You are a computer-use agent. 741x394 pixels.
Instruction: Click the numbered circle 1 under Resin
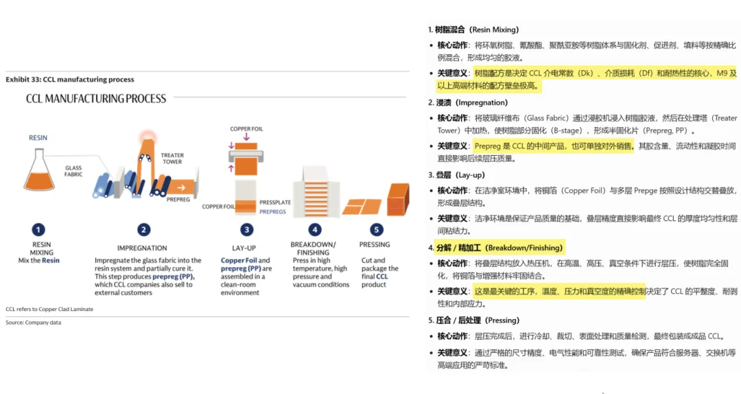click(39, 230)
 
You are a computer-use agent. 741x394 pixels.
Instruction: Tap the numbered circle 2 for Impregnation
click(143, 230)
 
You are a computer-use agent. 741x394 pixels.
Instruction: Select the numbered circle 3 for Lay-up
click(246, 230)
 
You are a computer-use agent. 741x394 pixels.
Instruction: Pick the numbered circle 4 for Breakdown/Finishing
click(315, 230)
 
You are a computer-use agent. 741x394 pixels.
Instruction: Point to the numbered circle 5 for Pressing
click(376, 230)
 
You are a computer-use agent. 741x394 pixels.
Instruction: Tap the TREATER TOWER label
click(172, 159)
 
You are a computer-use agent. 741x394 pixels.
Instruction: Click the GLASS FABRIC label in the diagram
click(73, 171)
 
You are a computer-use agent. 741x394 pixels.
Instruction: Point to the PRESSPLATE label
click(275, 202)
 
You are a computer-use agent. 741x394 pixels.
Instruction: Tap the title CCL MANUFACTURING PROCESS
click(96, 99)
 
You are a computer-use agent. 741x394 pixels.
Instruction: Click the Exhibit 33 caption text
click(70, 80)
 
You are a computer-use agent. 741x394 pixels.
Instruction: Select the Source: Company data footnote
click(34, 322)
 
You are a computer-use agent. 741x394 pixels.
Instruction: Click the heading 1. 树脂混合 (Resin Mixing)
click(473, 30)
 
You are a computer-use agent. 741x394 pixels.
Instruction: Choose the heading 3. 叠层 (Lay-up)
click(456, 175)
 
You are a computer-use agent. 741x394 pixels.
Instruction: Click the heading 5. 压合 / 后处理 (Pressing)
click(473, 321)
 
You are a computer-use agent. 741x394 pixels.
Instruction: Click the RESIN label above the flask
click(38, 138)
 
